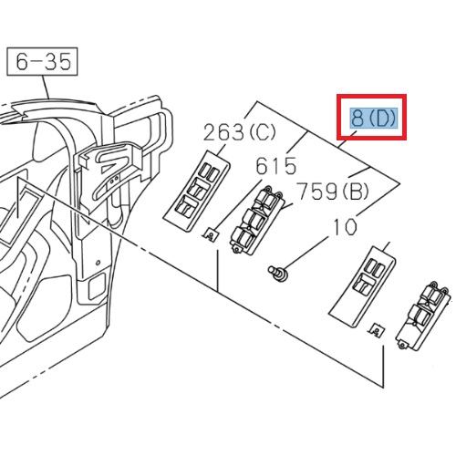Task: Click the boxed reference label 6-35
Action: (x=42, y=62)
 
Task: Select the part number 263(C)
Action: (x=240, y=132)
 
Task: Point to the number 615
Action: (x=275, y=166)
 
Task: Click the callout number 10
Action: (x=347, y=225)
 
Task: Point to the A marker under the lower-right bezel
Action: (x=375, y=333)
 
